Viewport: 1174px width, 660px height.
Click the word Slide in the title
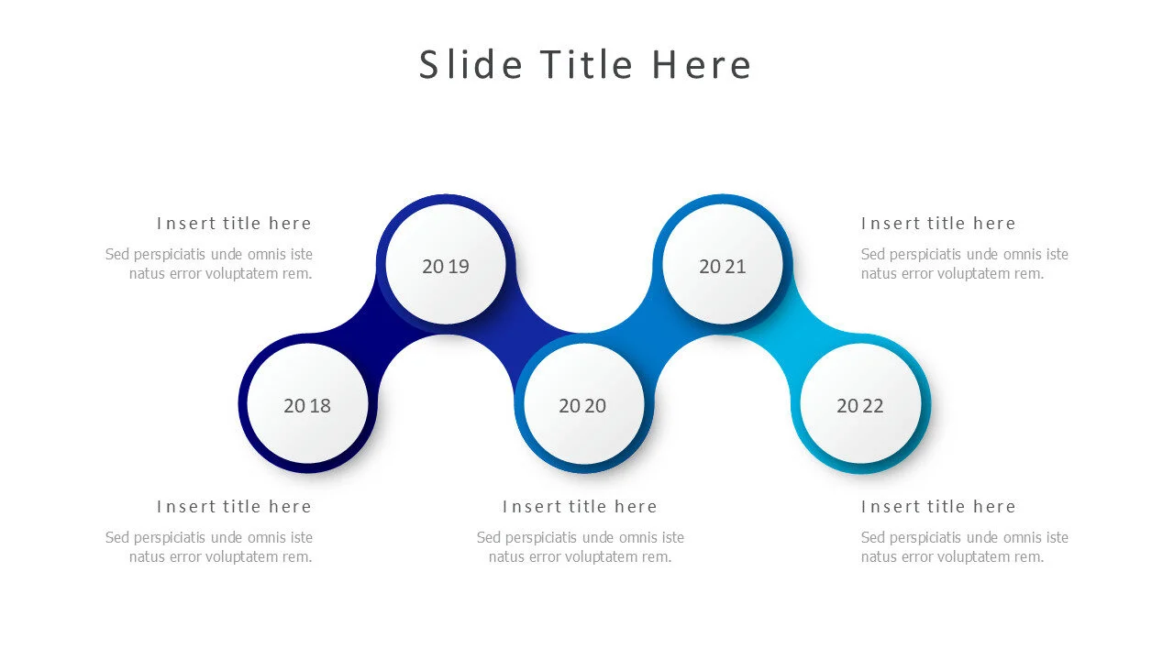[x=471, y=65]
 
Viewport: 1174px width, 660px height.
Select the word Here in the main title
[x=702, y=65]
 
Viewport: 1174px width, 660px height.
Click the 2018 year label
[x=307, y=405]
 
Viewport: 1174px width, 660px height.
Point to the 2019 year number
[x=446, y=266]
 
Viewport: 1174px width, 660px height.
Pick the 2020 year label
[x=582, y=405]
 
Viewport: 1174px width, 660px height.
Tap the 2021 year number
[x=723, y=266]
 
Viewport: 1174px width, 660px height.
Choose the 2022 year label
[x=860, y=405]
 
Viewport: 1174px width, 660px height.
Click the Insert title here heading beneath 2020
[x=580, y=506]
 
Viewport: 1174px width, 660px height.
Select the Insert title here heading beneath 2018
[x=234, y=506]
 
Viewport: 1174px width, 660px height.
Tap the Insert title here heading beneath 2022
[x=938, y=506]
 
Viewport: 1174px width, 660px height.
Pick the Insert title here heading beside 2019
[x=234, y=223]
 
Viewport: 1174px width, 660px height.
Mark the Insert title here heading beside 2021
[x=938, y=223]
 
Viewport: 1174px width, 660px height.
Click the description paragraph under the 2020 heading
[x=580, y=546]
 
